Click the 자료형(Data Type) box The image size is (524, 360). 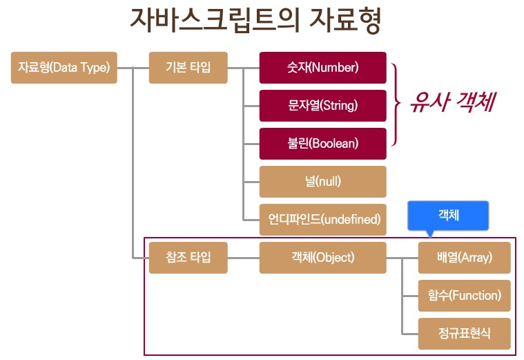(64, 68)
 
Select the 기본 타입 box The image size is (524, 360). (188, 68)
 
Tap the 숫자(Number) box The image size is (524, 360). (322, 68)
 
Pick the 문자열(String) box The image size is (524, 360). (322, 106)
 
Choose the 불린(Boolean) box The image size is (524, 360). (322, 144)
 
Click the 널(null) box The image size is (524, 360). (322, 182)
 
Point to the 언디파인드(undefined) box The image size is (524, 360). (322, 220)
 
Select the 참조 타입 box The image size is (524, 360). (188, 258)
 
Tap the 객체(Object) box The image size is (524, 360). (322, 258)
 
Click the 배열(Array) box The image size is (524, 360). (464, 258)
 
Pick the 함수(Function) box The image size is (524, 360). (464, 296)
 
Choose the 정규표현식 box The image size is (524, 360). (464, 334)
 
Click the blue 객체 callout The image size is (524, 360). (448, 215)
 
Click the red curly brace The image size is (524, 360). (396, 105)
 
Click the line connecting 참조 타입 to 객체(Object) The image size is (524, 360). (244, 258)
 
